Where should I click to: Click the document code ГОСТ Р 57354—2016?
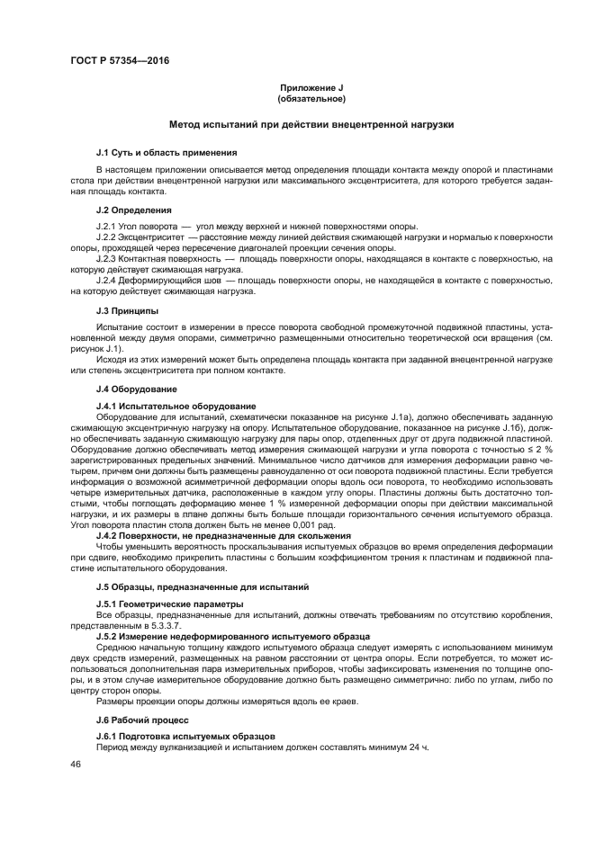click(120, 60)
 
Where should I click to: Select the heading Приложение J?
click(311, 87)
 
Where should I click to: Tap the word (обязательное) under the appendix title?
click(311, 98)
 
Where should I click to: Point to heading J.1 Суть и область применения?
click(167, 152)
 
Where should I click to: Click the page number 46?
click(76, 764)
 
